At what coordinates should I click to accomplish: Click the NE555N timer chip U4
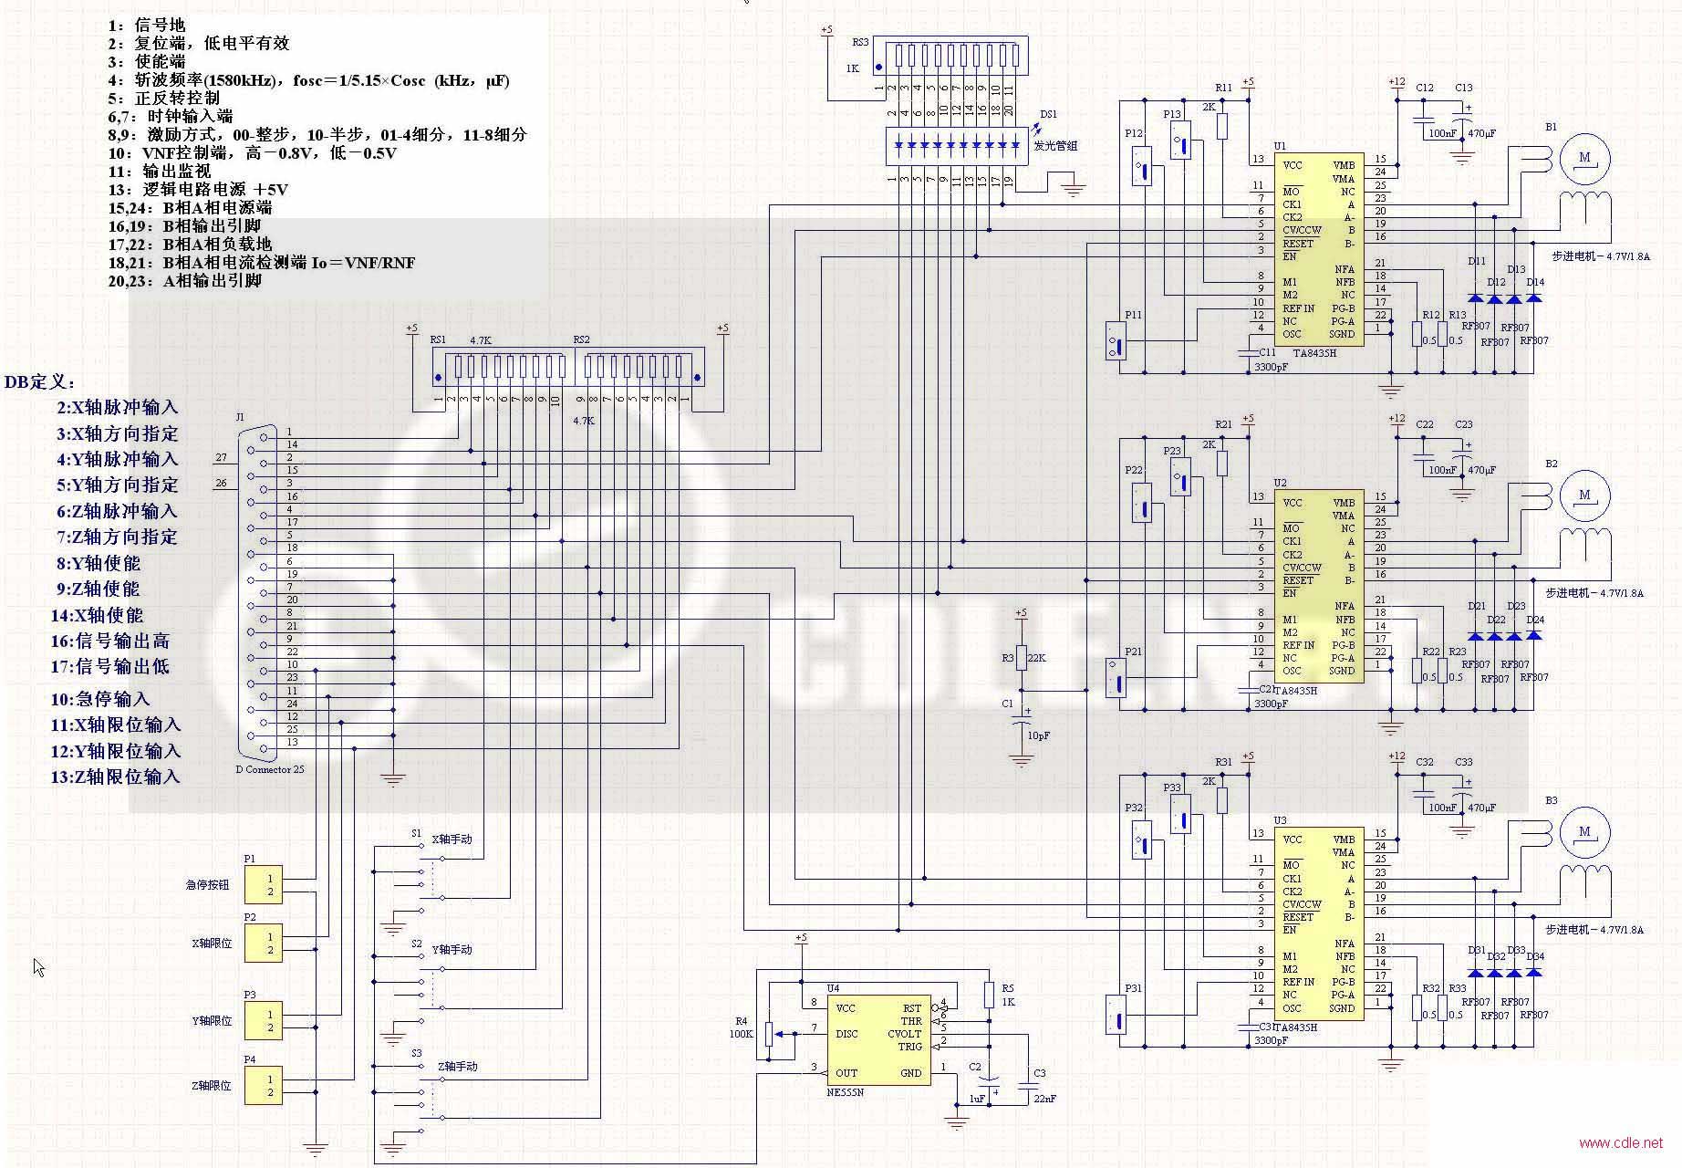click(878, 1039)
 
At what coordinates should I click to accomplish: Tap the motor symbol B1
click(1584, 158)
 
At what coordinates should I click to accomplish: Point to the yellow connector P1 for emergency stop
click(263, 884)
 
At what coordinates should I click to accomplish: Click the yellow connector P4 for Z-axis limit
click(263, 1086)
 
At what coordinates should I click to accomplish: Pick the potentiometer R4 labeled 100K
click(769, 1034)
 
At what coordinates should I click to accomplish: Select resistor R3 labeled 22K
click(1021, 658)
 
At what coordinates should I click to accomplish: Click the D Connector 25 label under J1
click(270, 769)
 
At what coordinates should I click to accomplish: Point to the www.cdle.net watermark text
click(1620, 1142)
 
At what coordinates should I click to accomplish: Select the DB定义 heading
click(40, 382)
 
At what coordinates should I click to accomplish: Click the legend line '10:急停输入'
click(100, 699)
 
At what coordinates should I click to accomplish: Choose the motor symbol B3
click(1584, 832)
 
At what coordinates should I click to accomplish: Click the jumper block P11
click(1115, 341)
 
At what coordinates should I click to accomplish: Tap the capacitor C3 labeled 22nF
click(1030, 1086)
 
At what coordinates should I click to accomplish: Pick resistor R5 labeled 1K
click(989, 995)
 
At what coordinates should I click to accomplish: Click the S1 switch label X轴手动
click(452, 839)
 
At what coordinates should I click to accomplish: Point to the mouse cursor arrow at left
click(38, 966)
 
